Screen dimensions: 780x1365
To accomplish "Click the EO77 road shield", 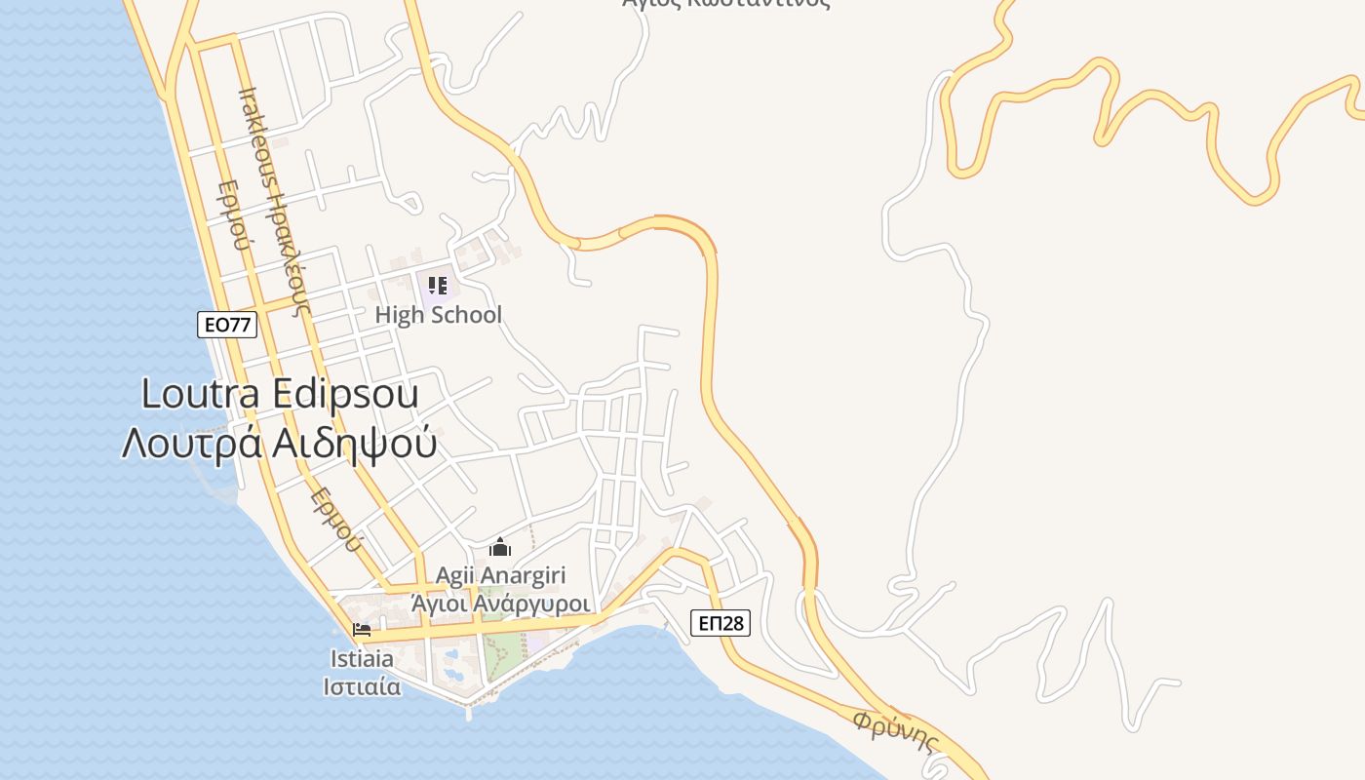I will [x=227, y=325].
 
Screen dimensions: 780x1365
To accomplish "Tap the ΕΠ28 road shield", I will [x=721, y=623].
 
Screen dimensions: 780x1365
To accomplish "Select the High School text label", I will [x=439, y=315].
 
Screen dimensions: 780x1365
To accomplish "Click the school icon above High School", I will [x=438, y=286].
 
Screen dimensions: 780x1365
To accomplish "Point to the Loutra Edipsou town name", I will [x=281, y=395].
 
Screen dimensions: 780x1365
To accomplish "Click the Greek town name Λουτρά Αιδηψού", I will [x=279, y=443].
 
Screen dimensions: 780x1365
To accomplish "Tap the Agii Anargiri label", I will [x=500, y=576].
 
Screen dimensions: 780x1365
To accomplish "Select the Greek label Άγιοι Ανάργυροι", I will [x=500, y=604].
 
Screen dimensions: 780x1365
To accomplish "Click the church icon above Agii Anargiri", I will [x=500, y=547].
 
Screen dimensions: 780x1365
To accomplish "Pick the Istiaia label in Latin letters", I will [x=362, y=659].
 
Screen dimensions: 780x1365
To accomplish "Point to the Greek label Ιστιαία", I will [x=362, y=685].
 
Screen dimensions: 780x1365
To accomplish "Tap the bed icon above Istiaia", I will [x=362, y=630].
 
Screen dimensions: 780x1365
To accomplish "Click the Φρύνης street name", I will [x=895, y=733].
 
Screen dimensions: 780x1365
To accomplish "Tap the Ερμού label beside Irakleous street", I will [x=235, y=214].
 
